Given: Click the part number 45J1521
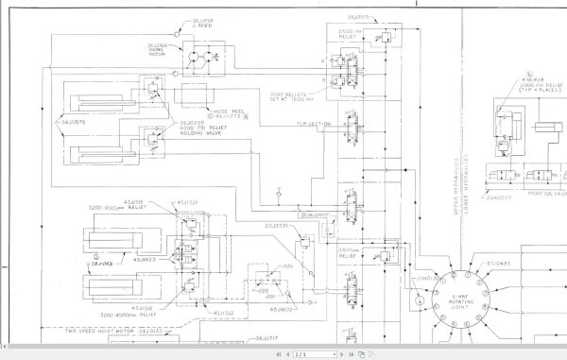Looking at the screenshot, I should (x=187, y=201).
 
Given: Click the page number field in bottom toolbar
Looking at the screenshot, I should (x=300, y=353).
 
